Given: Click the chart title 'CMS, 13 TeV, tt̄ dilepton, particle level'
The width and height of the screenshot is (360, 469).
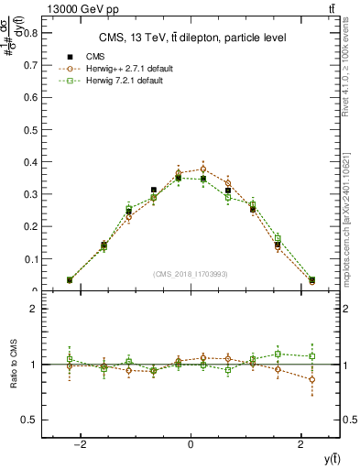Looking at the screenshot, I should tap(191, 38).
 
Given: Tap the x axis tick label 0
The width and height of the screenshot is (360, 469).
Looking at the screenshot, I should tap(191, 443).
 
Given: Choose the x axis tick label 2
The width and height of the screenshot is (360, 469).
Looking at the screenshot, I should tap(301, 443).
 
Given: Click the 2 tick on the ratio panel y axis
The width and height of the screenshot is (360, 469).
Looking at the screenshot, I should tap(35, 310).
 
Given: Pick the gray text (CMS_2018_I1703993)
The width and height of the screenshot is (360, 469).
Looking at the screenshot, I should tap(191, 274).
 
